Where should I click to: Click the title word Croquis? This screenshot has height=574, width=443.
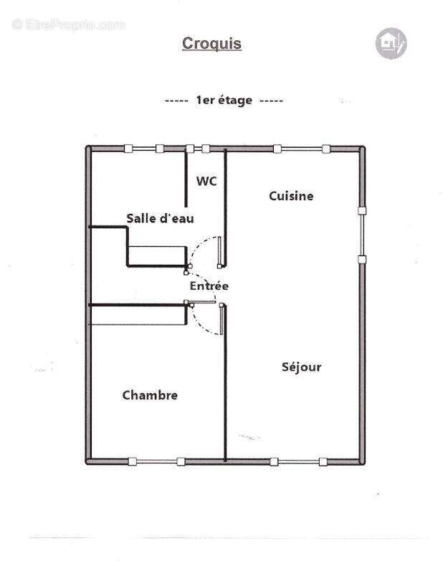coord(211,44)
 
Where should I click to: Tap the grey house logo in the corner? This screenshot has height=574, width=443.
coord(391,43)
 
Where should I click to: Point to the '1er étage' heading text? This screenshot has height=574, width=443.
coord(224,100)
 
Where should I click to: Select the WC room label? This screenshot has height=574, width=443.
coord(206,182)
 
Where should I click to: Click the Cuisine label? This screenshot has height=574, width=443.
coord(291,195)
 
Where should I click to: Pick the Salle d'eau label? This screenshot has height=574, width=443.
coord(160,218)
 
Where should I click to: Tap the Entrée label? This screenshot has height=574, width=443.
coord(209,286)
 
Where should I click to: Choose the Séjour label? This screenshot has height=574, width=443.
coord(301,367)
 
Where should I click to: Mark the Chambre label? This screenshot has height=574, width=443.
coord(150,395)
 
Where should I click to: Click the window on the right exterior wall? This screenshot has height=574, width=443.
coord(362,235)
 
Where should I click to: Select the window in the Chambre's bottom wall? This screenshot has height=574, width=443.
coord(156,461)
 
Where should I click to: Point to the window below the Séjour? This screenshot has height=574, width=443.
coord(299,461)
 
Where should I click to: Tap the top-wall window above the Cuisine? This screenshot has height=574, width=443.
coord(301,149)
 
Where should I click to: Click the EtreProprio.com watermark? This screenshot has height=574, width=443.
coord(68,25)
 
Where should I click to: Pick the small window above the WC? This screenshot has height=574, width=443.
coord(198,149)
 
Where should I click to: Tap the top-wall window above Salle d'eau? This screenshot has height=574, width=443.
coord(143,149)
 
